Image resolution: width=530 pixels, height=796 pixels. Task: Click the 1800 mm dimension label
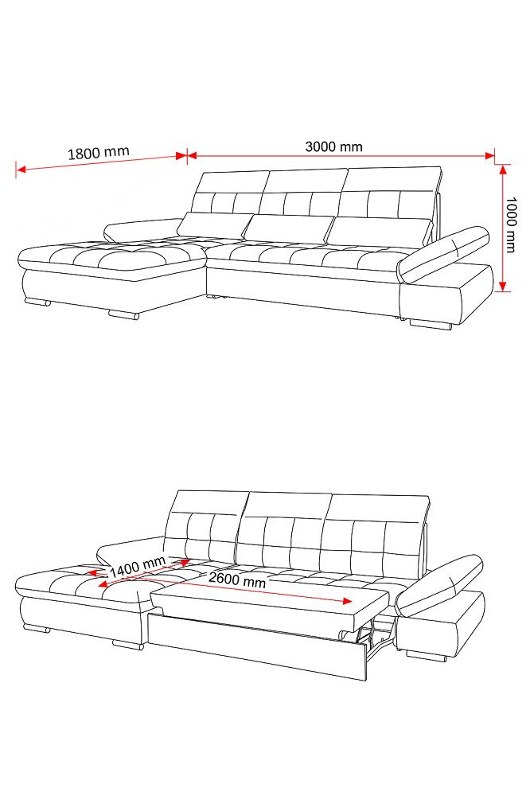[x=99, y=152]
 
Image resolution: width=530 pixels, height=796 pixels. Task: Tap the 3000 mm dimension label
[x=333, y=146]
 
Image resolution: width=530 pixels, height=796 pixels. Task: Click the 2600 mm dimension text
[x=237, y=579]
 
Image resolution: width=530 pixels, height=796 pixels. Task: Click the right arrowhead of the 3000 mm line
[x=489, y=156]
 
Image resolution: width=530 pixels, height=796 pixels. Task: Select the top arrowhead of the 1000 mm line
[x=503, y=170]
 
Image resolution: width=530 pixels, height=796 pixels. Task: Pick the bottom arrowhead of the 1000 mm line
[x=503, y=286]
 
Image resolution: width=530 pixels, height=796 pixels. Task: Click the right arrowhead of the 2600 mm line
[x=347, y=602]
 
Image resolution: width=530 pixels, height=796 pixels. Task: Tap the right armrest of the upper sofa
[x=443, y=255]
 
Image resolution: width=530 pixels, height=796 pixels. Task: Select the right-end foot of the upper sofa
[x=431, y=325]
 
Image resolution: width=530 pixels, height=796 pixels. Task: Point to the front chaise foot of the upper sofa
[x=123, y=315]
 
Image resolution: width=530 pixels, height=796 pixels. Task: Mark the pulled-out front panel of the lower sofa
[x=257, y=646]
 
